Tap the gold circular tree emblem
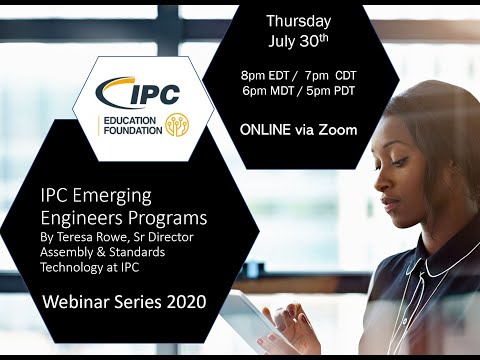point(177,128)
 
